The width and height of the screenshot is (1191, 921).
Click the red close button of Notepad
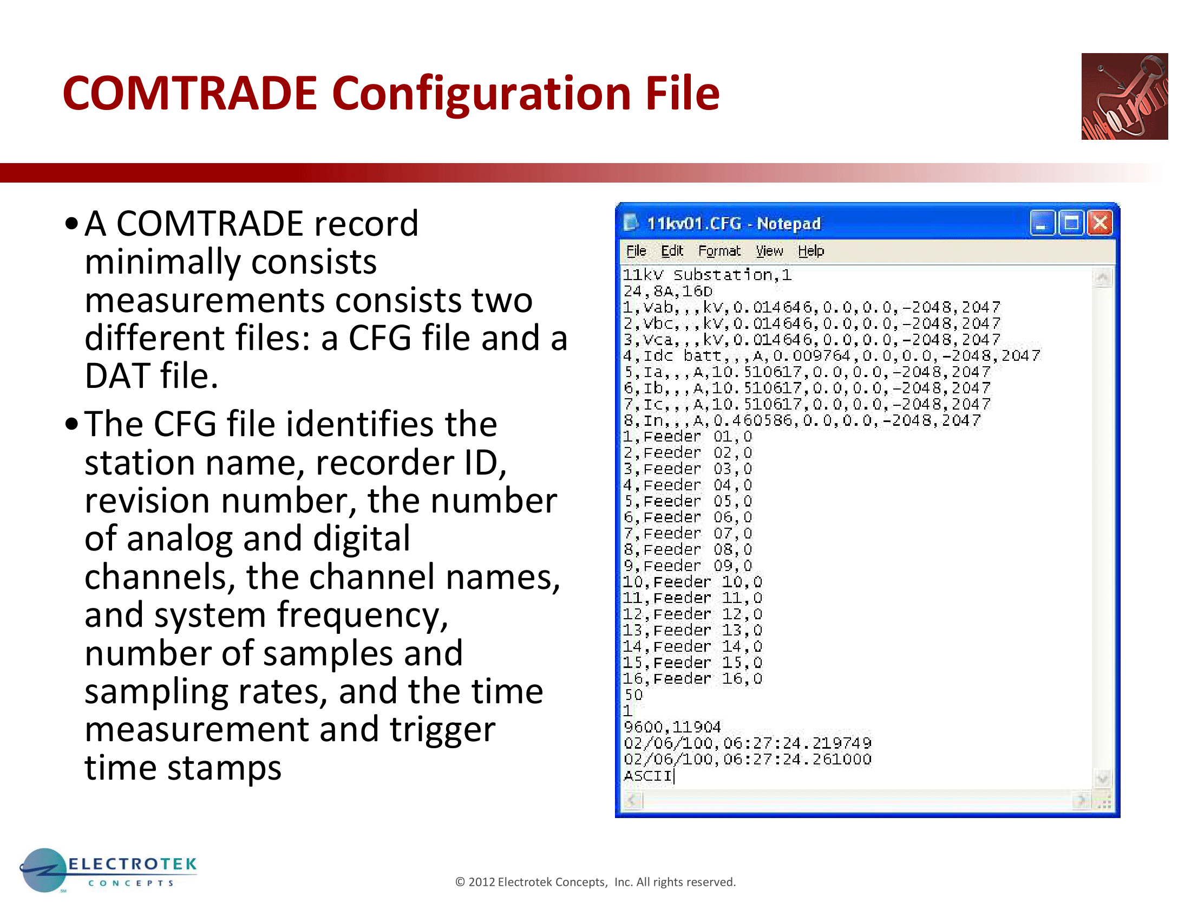click(x=1100, y=223)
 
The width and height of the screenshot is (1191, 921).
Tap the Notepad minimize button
click(x=1042, y=223)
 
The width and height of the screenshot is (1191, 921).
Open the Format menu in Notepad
click(x=719, y=251)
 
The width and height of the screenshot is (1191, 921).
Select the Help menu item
click(x=811, y=251)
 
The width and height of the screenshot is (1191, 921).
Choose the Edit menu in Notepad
click(x=672, y=251)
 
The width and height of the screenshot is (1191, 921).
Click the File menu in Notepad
click(x=636, y=251)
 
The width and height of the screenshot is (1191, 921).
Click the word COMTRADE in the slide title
click(x=190, y=93)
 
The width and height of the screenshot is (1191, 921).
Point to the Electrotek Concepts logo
click(x=108, y=870)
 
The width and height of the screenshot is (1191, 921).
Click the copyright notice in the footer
click(x=595, y=882)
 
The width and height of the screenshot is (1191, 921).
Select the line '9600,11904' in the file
click(x=672, y=727)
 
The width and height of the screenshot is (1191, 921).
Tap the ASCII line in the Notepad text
click(x=648, y=775)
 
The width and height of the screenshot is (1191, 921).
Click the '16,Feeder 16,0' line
click(x=692, y=678)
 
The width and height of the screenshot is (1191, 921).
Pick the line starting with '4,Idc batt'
click(x=832, y=356)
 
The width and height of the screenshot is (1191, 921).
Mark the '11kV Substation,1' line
click(x=708, y=275)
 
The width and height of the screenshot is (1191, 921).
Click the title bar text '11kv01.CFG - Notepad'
click(x=734, y=224)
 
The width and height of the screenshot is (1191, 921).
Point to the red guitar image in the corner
click(x=1124, y=96)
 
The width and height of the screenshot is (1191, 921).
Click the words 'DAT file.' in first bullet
click(x=152, y=376)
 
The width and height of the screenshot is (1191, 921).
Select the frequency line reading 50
click(x=634, y=695)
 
